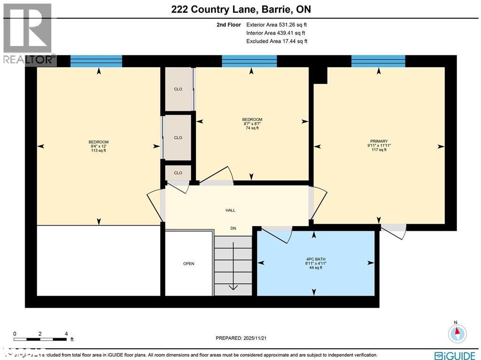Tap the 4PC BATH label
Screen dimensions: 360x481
315,259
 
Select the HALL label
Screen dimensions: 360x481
230,210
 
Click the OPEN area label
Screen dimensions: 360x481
188,264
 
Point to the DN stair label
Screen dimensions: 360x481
233,228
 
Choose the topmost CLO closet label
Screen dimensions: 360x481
178,89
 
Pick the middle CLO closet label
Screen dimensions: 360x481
178,138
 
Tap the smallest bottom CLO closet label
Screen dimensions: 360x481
178,173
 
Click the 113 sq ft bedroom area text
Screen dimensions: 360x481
99,151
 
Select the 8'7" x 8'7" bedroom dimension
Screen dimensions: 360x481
252,124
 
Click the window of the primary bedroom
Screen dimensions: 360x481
378,61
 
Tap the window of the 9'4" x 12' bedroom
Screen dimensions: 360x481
96,61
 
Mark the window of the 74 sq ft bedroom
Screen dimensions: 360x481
249,61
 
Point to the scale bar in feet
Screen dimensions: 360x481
41,337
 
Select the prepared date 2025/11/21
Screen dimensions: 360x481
244,338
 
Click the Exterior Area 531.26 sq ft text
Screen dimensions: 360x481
277,24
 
